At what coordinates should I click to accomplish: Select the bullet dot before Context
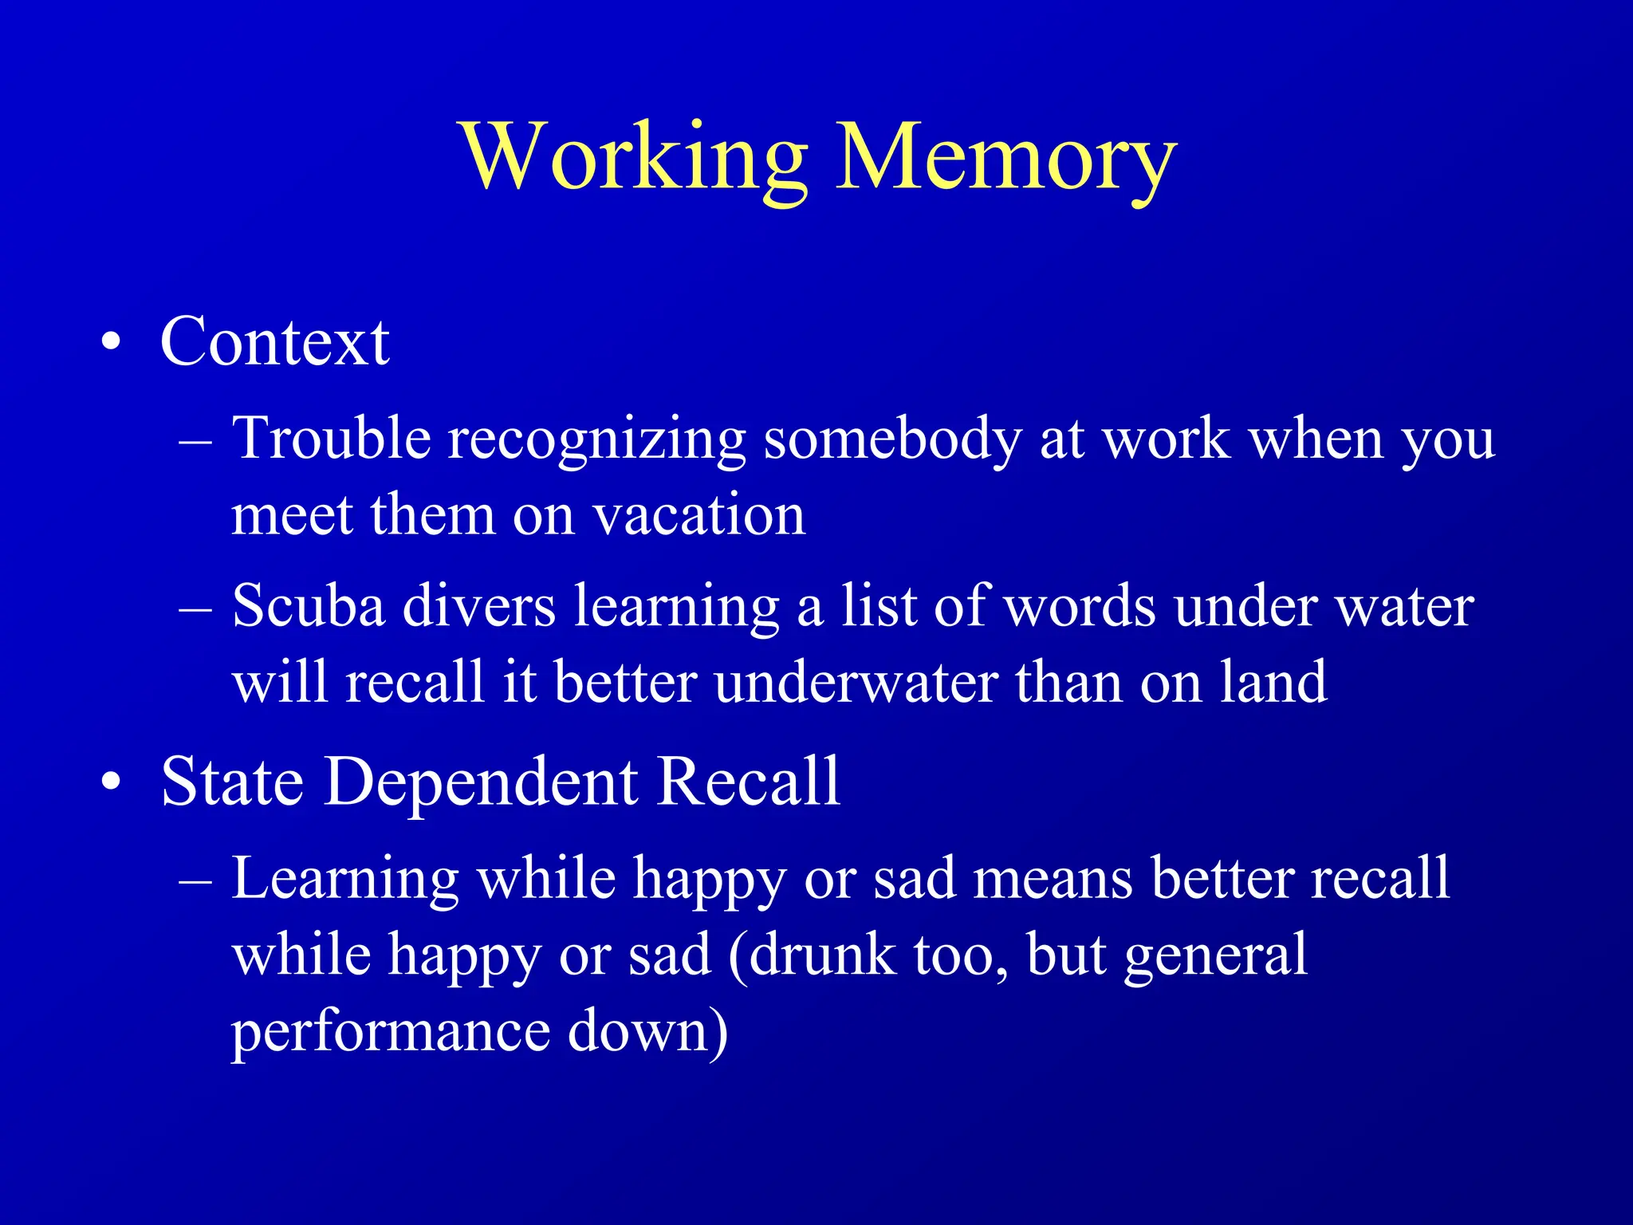112,343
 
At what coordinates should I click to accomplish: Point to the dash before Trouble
196,440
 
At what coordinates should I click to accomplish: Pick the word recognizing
596,440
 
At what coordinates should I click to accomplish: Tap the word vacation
699,515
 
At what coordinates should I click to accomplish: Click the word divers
479,606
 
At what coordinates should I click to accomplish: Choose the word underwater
856,683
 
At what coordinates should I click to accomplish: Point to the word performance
391,1032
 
